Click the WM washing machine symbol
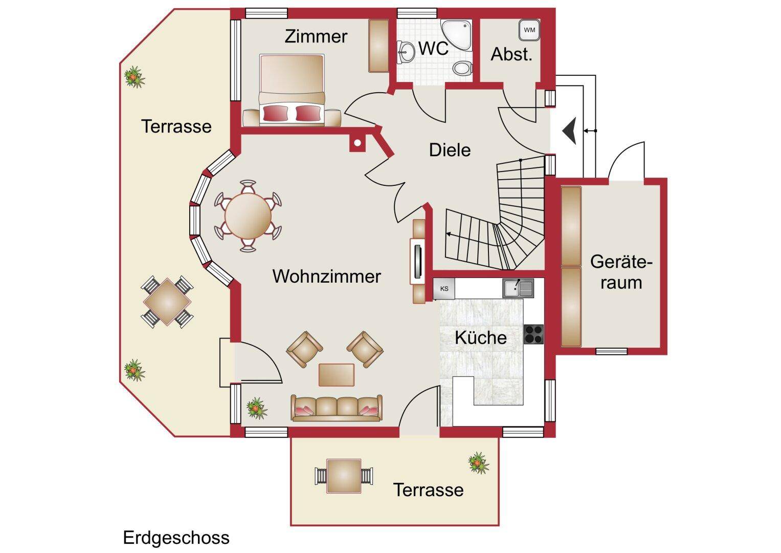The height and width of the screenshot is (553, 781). tap(529, 30)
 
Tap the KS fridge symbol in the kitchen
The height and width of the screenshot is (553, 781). tap(443, 289)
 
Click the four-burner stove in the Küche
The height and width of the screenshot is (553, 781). tap(533, 334)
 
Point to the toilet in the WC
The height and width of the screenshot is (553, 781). tap(462, 68)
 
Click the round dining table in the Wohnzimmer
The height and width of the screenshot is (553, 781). tap(248, 216)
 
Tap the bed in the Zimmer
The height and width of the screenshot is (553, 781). tap(292, 89)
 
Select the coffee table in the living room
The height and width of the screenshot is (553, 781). tap(337, 374)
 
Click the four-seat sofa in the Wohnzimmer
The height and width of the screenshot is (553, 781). tap(337, 408)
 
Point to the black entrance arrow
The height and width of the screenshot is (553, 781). tap(570, 131)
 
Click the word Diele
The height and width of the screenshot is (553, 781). tap(450, 150)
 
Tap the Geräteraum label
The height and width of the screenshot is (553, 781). tap(621, 272)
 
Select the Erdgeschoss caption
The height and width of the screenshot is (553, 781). tap(176, 538)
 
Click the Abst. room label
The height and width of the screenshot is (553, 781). tap(511, 54)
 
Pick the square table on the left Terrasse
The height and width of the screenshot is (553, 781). tap(168, 302)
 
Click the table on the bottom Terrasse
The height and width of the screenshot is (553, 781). tap(343, 476)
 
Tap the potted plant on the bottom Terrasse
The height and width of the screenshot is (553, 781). tap(478, 462)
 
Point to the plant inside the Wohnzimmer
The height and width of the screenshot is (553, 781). tap(256, 408)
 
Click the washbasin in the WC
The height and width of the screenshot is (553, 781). tap(407, 51)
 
